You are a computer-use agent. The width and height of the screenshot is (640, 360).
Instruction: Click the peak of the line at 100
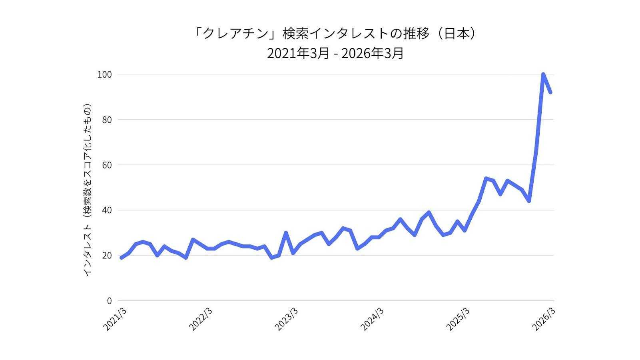tap(543, 74)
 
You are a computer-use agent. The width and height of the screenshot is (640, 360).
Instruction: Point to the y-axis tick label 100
tap(104, 74)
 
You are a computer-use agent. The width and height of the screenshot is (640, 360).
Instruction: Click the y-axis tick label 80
tap(107, 120)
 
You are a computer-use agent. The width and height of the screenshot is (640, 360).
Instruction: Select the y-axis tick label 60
tap(107, 165)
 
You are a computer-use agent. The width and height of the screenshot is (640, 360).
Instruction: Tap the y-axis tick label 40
tap(107, 210)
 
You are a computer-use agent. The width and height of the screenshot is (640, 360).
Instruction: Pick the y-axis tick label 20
tap(107, 255)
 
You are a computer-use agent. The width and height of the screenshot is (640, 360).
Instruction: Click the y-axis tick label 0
tap(109, 301)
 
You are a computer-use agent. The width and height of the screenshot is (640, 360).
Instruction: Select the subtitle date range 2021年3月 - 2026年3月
tap(335, 53)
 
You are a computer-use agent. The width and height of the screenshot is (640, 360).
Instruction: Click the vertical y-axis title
tap(88, 190)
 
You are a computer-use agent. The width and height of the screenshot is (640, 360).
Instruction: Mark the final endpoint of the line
tap(550, 92)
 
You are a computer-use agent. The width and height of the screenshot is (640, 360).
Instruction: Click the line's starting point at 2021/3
tap(121, 258)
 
